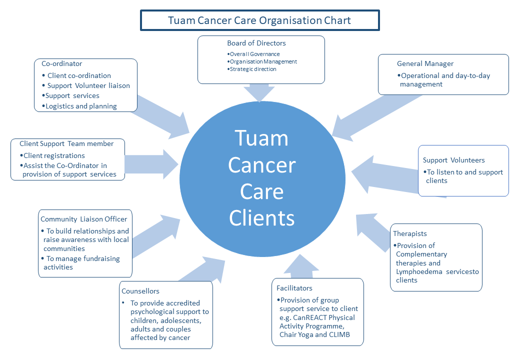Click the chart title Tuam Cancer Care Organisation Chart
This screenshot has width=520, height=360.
tap(259, 20)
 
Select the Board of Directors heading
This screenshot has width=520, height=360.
tap(256, 43)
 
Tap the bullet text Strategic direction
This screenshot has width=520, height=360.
tap(253, 69)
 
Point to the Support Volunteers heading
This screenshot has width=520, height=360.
tap(453, 160)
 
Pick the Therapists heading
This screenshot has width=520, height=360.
tap(410, 233)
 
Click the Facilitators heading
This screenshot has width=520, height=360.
tap(294, 288)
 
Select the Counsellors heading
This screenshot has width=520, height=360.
tap(140, 290)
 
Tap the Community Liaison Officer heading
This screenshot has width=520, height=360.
tap(84, 219)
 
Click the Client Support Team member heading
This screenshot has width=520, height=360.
tap(66, 143)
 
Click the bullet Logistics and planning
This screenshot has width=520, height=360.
tap(81, 106)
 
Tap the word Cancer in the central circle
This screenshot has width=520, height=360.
tap(262, 165)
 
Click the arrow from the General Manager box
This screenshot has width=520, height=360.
tap(357, 115)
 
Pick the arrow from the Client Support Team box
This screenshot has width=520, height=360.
tap(150, 163)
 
